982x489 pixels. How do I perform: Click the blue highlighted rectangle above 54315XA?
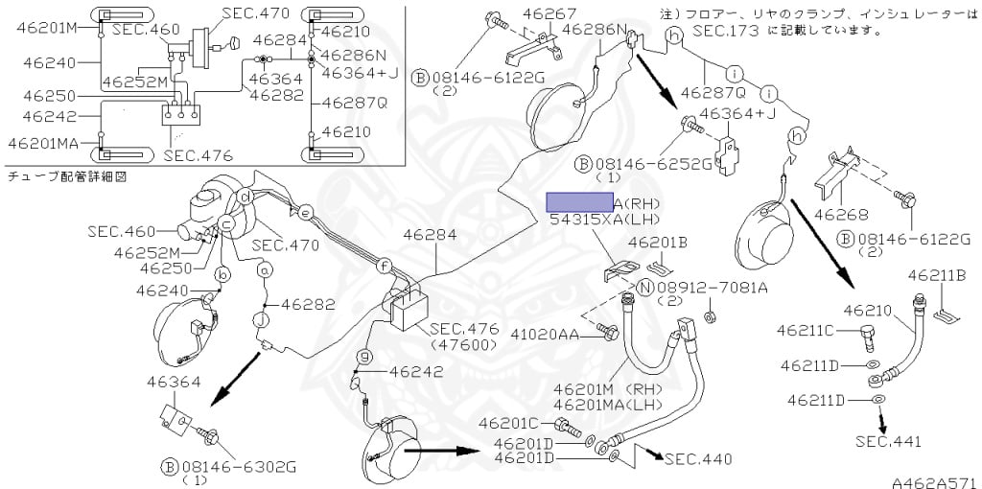pos(579,201)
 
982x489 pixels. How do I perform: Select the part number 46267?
pos(549,13)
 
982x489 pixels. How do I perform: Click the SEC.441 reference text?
pos(888,441)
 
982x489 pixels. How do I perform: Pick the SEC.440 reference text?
pos(698,459)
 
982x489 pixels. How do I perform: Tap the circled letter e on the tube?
pos(306,212)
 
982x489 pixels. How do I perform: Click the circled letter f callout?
pos(383,265)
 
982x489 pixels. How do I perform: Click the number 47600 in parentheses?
pos(463,343)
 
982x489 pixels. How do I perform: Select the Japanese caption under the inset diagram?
pos(67,176)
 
